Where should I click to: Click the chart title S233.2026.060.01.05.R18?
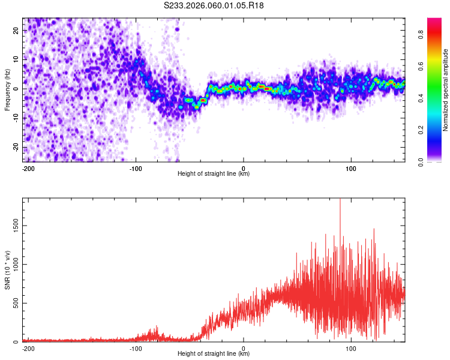214,5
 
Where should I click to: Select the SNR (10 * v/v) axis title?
7,270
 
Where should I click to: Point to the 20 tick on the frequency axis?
16,29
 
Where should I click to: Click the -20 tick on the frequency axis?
15,148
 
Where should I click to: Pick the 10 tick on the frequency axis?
16,59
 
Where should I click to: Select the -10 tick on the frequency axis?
15,118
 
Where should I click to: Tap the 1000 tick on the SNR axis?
13,264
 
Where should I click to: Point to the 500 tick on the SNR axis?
15,303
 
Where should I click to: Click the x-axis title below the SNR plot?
214,354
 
